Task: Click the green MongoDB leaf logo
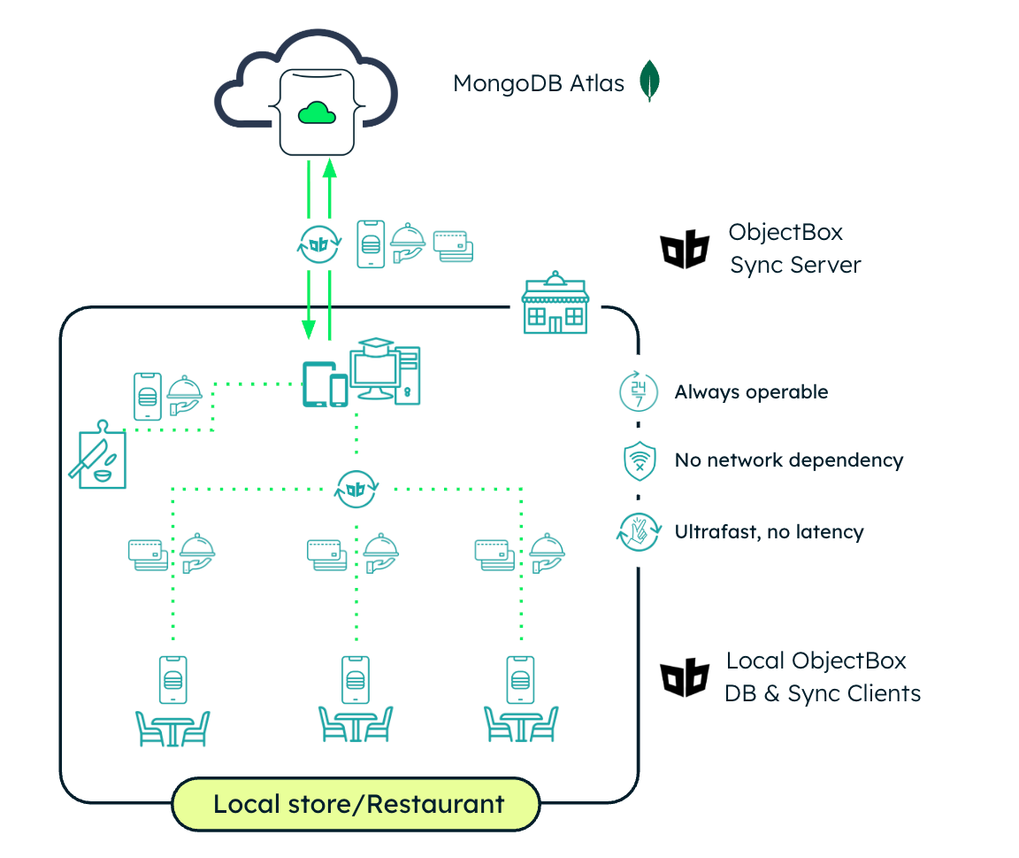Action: (x=651, y=81)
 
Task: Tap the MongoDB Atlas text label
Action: (x=539, y=83)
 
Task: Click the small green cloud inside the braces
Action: (x=317, y=112)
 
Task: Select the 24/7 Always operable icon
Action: (x=638, y=391)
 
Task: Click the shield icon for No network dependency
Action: (x=639, y=460)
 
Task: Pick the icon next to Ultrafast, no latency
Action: (x=639, y=532)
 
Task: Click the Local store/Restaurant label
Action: (x=358, y=804)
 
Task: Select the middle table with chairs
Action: (x=356, y=724)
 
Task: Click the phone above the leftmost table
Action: (x=173, y=679)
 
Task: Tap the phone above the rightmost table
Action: (x=520, y=679)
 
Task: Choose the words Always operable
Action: (x=751, y=391)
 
